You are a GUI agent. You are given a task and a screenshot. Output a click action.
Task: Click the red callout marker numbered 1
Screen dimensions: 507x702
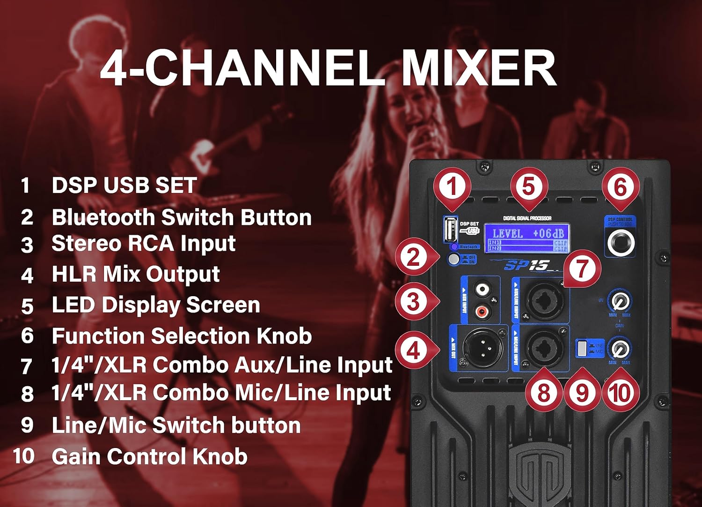(452, 186)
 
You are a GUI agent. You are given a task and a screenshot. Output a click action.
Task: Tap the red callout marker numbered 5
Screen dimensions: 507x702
(528, 186)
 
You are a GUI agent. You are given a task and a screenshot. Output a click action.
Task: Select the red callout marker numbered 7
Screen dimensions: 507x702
(582, 268)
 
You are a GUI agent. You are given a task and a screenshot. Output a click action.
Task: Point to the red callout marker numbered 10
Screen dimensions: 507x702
(621, 392)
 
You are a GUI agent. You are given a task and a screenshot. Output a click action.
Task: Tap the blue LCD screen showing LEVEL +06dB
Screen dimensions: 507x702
(527, 238)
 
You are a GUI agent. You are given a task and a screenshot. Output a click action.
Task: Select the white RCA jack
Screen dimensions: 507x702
(482, 290)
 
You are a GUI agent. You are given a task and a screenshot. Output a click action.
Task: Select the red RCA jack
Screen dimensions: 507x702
(482, 311)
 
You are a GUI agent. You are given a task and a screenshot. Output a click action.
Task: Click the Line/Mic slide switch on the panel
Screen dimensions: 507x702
(582, 348)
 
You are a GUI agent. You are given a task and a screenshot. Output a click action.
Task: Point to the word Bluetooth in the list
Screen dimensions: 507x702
(103, 217)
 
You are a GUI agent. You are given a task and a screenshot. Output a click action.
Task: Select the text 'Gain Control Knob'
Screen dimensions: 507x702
(149, 456)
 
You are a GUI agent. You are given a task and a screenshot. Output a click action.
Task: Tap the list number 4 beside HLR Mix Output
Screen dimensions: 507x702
(27, 275)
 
